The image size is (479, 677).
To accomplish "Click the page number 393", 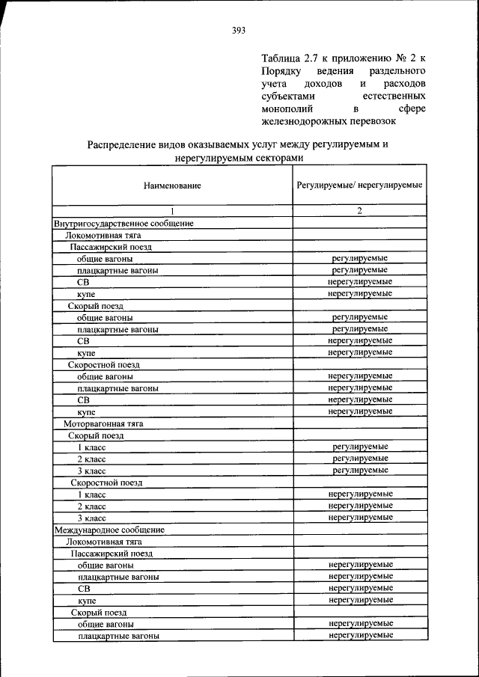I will [x=239, y=31].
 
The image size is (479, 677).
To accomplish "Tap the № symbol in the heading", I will [x=396, y=58].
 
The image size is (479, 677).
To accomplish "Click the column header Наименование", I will [x=172, y=184].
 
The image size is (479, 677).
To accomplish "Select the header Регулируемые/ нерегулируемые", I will [x=359, y=184].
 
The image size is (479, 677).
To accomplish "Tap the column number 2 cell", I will [x=359, y=211].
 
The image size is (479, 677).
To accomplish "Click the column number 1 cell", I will [x=172, y=211].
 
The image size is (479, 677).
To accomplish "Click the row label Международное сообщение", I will [x=109, y=530].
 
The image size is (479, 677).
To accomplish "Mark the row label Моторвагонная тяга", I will [x=103, y=423].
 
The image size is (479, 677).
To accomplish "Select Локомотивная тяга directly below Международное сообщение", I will [x=103, y=542].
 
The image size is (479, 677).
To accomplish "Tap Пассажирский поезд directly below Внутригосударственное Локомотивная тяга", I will [x=111, y=246].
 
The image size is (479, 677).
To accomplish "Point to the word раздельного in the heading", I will [x=397, y=70].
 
